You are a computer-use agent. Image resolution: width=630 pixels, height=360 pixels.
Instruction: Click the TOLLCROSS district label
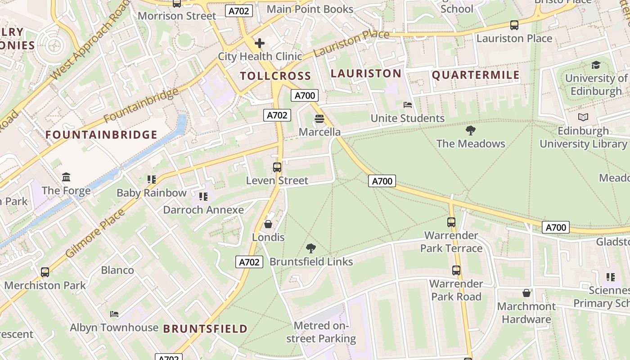pyautogui.click(x=275, y=76)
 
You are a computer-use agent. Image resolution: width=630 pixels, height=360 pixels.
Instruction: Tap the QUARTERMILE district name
pyautogui.click(x=476, y=75)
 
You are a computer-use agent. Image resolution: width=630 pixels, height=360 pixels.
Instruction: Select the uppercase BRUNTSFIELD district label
pyautogui.click(x=205, y=329)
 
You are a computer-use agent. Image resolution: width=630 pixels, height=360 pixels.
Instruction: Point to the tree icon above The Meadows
pyautogui.click(x=471, y=130)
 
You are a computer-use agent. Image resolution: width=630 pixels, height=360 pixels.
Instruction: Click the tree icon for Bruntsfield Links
pyautogui.click(x=310, y=248)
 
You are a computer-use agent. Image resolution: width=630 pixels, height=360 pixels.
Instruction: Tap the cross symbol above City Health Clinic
pyautogui.click(x=260, y=43)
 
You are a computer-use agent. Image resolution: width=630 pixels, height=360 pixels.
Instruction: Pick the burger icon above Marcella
pyautogui.click(x=319, y=119)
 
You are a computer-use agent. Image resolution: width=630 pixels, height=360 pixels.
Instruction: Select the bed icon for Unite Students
pyautogui.click(x=408, y=105)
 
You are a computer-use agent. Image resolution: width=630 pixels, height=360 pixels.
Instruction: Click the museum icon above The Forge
pyautogui.click(x=66, y=177)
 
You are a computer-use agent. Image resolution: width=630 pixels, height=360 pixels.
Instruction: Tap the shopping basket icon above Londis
pyautogui.click(x=268, y=224)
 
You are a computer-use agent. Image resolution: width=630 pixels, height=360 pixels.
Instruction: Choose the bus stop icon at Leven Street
pyautogui.click(x=277, y=167)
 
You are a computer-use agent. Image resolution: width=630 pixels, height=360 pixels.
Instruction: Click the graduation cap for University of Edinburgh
pyautogui.click(x=596, y=65)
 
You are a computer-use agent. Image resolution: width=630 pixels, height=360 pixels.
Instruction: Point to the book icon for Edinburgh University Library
pyautogui.click(x=583, y=117)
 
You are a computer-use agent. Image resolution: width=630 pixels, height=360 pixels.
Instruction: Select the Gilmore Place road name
pyautogui.click(x=95, y=234)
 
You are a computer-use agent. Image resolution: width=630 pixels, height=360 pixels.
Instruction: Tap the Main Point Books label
pyautogui.click(x=310, y=9)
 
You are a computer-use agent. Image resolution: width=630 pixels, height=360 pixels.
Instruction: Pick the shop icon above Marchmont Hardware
pyautogui.click(x=526, y=293)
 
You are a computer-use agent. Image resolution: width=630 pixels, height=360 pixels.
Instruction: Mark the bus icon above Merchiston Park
pyautogui.click(x=45, y=272)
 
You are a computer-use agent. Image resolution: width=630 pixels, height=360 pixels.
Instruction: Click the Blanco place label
pyautogui.click(x=117, y=270)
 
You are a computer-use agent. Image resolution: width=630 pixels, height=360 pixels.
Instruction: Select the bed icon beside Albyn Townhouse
pyautogui.click(x=114, y=314)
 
